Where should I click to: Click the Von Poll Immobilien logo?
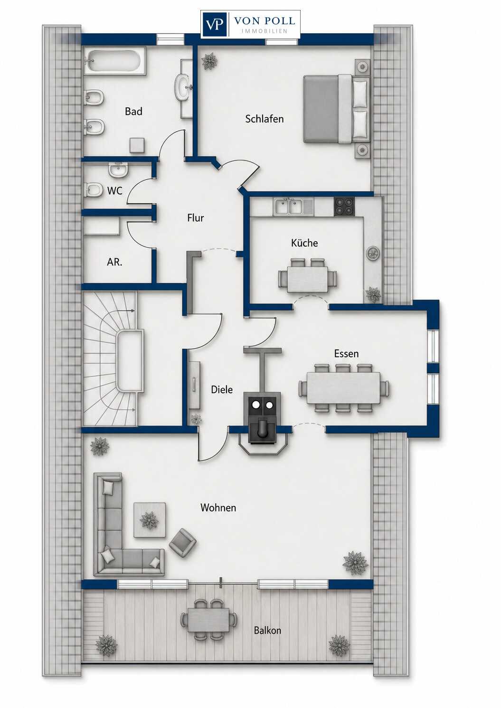(250, 24)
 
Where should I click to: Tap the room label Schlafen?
(264, 119)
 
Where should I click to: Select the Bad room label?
(133, 111)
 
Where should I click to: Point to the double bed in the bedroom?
(336, 109)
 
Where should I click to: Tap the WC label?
(115, 191)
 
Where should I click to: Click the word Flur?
(195, 218)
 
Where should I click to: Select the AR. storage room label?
(114, 262)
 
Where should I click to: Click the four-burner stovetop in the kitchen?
(345, 207)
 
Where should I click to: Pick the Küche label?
(304, 243)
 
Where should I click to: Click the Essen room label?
(347, 354)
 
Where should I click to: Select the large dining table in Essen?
(344, 388)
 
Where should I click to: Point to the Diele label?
(222, 390)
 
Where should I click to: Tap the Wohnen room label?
(218, 508)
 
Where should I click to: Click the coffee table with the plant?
(150, 520)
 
